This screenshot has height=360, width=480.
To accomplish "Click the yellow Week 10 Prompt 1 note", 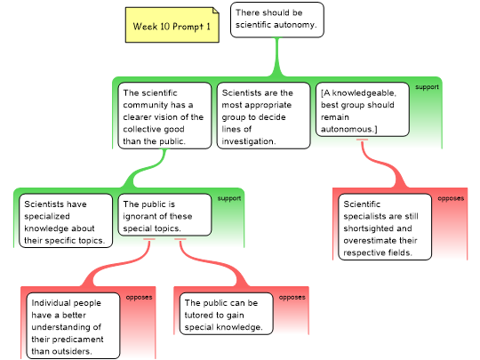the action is pos(172,25).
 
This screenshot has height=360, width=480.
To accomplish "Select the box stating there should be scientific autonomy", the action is pos(277,20).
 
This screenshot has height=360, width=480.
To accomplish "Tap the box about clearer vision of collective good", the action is pos(164,116).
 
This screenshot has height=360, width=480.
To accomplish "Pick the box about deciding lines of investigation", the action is pos(264,116).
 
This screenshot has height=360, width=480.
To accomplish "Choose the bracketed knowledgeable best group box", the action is pos(363,109).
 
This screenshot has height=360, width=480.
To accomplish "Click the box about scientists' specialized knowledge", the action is pos(66,220).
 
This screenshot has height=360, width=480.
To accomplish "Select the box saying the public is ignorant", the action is pos(164,214).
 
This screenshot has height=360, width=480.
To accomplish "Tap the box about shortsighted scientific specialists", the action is pos(385,227).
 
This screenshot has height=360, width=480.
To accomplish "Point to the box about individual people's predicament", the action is pos(73,325).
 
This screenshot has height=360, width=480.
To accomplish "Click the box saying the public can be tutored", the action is pos(227,314).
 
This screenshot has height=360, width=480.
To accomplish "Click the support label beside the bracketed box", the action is pos(427,87).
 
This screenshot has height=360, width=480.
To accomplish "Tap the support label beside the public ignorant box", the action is pos(229,198).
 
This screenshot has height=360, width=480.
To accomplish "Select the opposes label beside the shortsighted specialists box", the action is pos(451,198).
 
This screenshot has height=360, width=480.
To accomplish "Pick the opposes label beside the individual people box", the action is pos(139,297).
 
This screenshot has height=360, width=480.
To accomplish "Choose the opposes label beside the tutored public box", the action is pos(292,297).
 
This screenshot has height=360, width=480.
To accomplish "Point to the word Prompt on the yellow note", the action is pos(188,27).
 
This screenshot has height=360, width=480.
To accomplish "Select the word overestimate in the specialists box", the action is pos(370,240).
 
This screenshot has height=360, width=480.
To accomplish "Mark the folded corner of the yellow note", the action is pos(216,11).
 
